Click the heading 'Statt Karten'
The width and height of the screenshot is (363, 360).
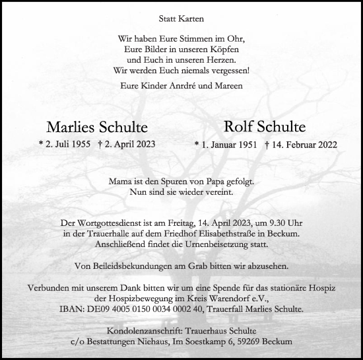click(x=181, y=20)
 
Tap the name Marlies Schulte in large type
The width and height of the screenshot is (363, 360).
click(x=97, y=127)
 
